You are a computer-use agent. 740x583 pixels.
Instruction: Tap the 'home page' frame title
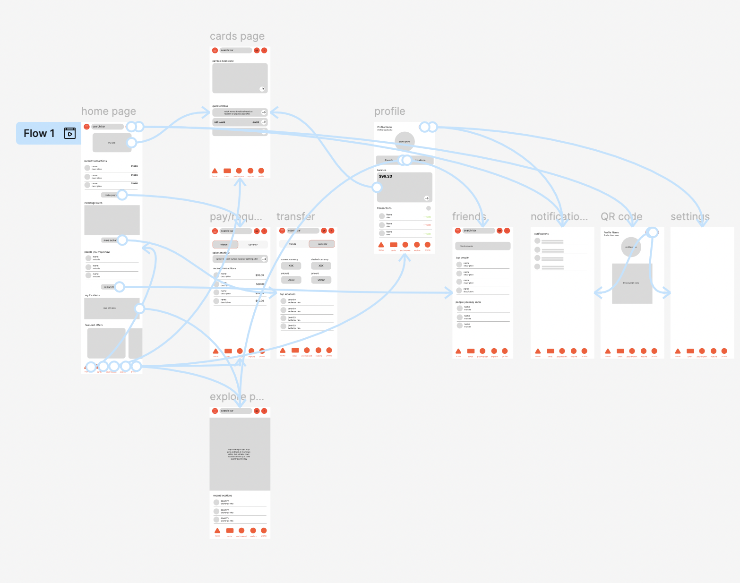(x=108, y=111)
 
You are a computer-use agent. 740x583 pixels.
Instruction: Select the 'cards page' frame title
(x=237, y=36)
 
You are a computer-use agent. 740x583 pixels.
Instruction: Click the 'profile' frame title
(x=389, y=111)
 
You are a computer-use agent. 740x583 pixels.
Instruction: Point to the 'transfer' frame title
(x=295, y=217)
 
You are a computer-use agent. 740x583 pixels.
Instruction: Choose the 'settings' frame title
(x=690, y=217)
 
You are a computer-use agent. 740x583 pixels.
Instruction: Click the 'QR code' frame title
(x=621, y=217)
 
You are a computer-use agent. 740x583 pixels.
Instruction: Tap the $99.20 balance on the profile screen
(x=386, y=176)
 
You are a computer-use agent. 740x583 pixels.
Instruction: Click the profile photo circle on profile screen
(x=404, y=141)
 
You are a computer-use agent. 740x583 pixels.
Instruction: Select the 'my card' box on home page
(x=112, y=143)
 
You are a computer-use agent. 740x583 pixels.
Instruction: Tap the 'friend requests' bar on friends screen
(x=482, y=246)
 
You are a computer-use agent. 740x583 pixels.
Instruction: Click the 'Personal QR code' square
(x=632, y=283)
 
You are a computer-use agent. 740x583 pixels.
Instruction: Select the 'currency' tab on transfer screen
(x=322, y=244)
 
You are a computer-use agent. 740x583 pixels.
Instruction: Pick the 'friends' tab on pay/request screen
(x=225, y=245)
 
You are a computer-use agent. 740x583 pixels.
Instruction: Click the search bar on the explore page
(x=235, y=411)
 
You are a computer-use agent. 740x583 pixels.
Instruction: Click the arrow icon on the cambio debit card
(x=262, y=89)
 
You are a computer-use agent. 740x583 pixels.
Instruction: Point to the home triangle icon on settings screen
(x=678, y=351)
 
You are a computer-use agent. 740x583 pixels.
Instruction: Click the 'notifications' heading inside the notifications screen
(x=542, y=234)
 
